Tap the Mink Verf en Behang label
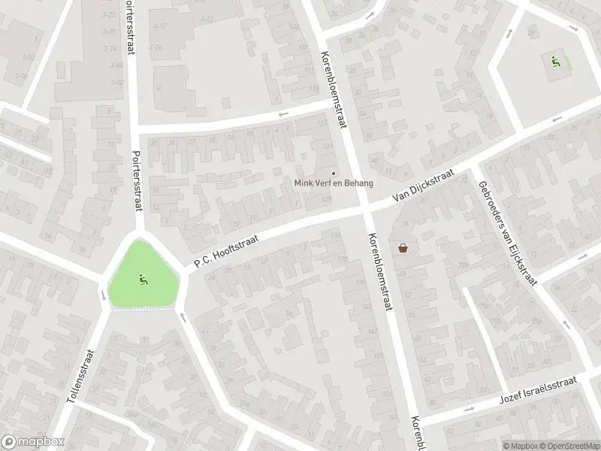tap(333, 183)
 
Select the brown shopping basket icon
tap(403, 247)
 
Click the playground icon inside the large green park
tap(142, 280)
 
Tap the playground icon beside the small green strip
tap(555, 62)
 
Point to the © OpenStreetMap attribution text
tap(569, 446)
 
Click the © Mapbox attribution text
tap(521, 446)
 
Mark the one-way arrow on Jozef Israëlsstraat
tap(469, 410)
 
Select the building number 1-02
tap(29, 57)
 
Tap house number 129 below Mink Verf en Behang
tap(326, 198)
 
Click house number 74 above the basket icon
tap(405, 223)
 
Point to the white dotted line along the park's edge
tap(143, 309)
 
